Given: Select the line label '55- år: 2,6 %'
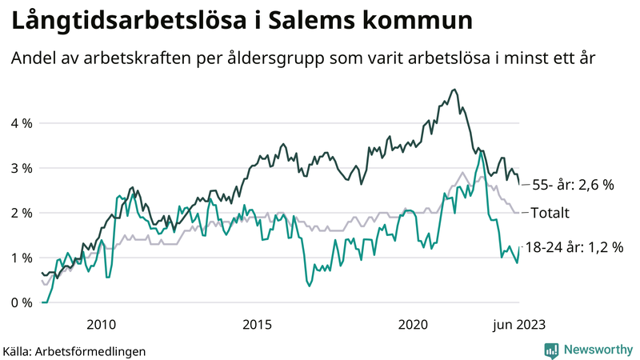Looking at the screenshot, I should (574, 185).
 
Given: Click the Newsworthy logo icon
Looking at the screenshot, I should (551, 350).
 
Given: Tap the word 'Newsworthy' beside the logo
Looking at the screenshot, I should (598, 350).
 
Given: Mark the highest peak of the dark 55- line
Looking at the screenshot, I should (454, 90).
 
